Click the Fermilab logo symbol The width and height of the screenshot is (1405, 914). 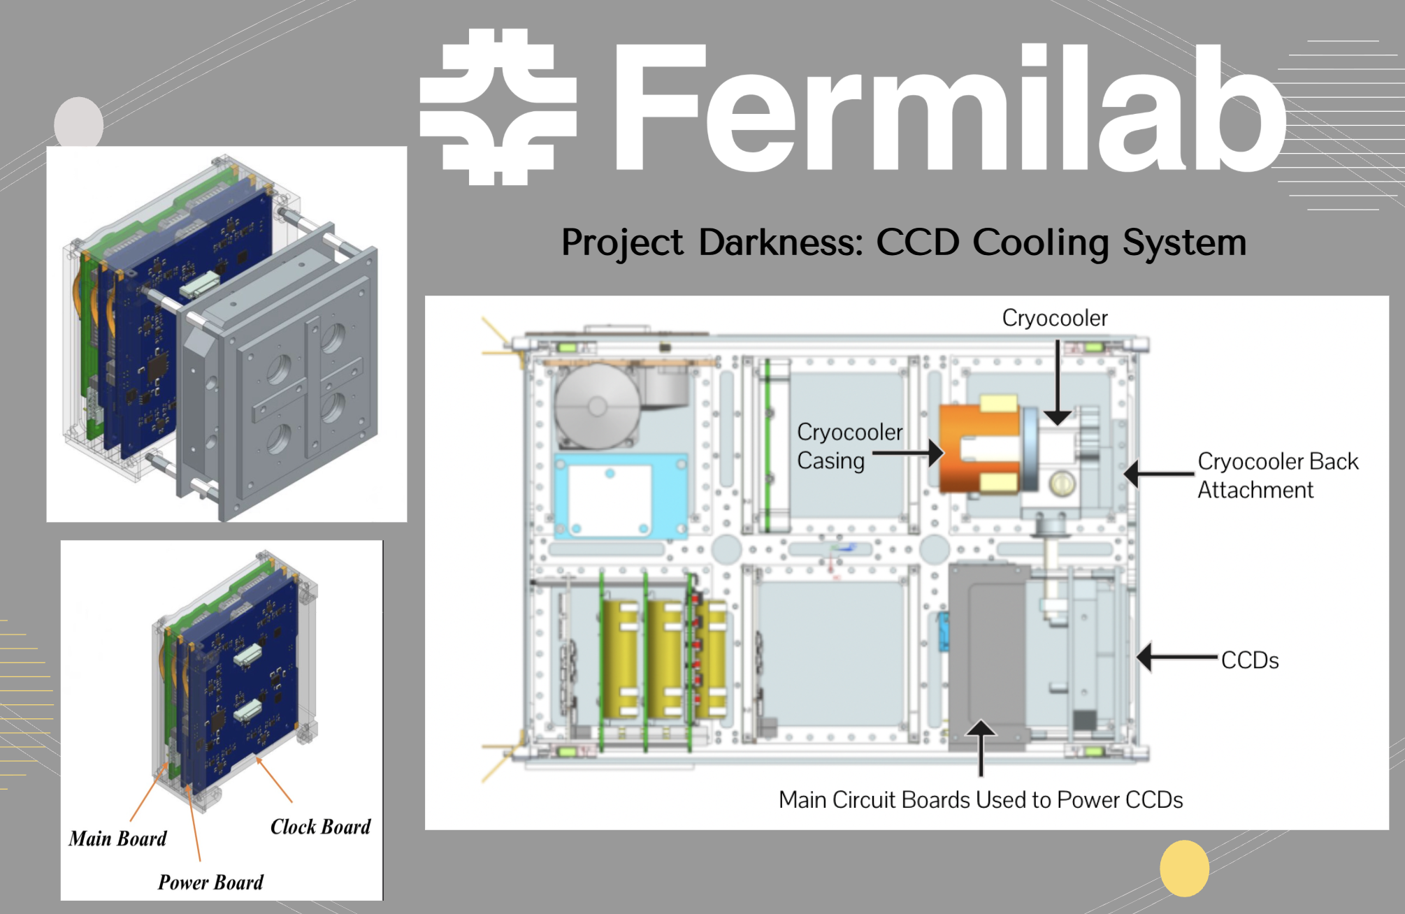(x=498, y=107)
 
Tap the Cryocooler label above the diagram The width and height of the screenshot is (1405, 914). (x=1054, y=318)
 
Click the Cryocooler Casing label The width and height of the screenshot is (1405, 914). (x=849, y=446)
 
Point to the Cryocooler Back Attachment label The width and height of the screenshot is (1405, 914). (x=1277, y=475)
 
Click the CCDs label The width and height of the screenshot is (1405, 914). (x=1249, y=660)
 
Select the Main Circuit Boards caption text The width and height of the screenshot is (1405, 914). (x=980, y=799)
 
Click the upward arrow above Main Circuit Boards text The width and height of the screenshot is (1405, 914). (x=981, y=748)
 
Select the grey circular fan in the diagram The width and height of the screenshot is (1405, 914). (x=598, y=406)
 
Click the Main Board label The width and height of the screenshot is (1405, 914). (x=117, y=839)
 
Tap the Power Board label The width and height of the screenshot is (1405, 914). (x=210, y=883)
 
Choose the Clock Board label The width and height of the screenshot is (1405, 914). (x=320, y=827)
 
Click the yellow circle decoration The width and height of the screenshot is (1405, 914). (x=1184, y=868)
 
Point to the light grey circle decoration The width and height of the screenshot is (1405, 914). (x=78, y=123)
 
